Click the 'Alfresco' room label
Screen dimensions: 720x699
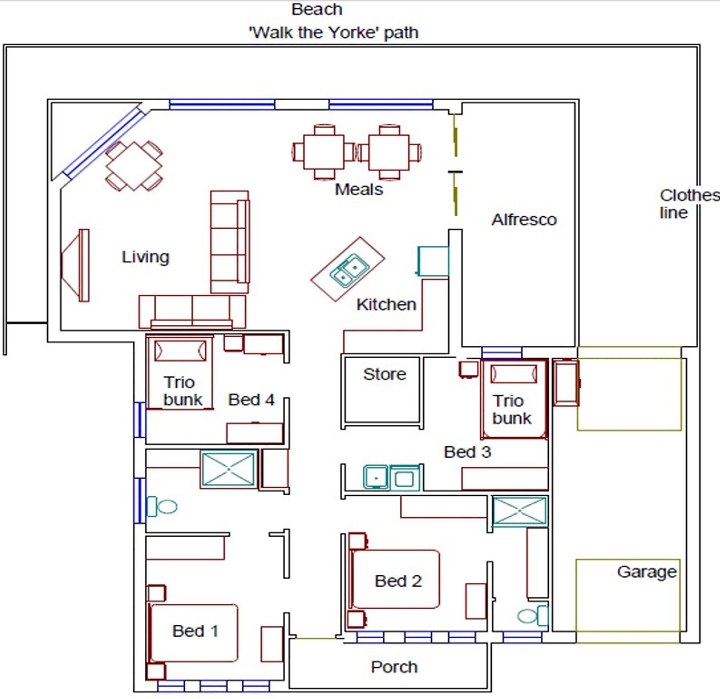click(524, 220)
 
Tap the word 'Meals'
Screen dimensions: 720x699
click(359, 190)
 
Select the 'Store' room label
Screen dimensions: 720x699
click(385, 374)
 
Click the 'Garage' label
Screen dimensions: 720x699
click(647, 572)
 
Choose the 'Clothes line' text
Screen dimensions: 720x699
click(689, 204)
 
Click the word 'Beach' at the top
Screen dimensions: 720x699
click(317, 10)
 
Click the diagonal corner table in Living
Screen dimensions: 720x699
click(134, 166)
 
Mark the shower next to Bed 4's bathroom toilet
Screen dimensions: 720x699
click(228, 469)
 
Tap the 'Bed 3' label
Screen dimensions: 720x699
click(467, 452)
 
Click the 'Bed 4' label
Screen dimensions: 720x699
click(251, 400)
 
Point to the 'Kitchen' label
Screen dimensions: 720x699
click(386, 305)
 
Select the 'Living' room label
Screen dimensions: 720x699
click(146, 257)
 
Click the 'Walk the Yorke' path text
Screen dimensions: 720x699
click(334, 33)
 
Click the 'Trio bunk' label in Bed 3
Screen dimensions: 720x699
click(511, 410)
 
